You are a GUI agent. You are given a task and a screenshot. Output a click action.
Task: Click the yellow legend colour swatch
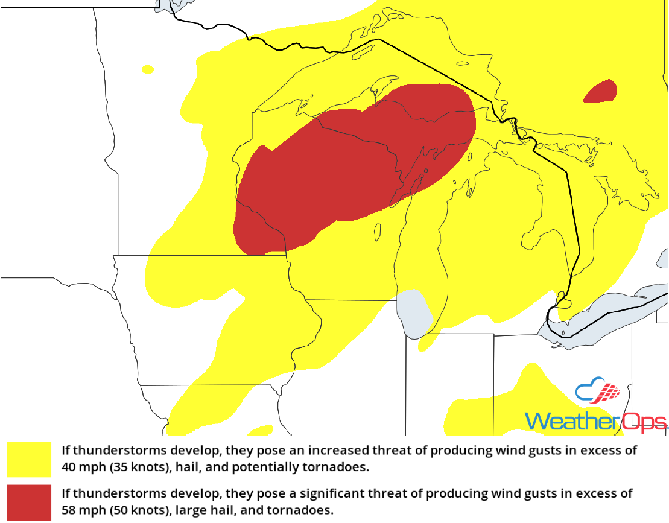point(29,459)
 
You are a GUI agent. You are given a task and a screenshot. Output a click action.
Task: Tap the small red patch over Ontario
point(601,92)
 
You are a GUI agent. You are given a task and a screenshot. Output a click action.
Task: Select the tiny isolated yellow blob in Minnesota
point(147,69)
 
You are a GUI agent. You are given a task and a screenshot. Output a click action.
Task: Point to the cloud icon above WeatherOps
point(598,392)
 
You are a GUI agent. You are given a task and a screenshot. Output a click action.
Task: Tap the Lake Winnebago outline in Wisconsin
point(378,231)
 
